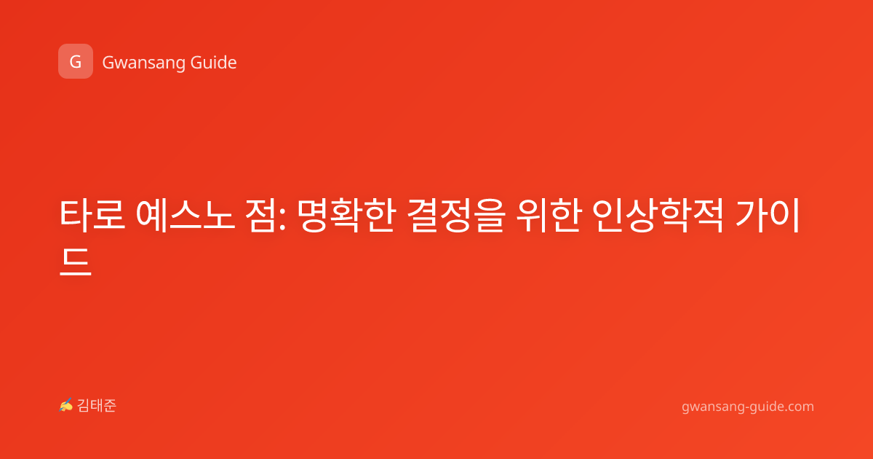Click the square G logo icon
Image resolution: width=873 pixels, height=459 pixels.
[x=76, y=61]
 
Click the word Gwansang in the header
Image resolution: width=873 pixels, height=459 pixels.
[x=143, y=63]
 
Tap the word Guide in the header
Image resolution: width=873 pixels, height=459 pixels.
[x=213, y=63]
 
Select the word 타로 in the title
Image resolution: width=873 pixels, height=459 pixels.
[x=92, y=215]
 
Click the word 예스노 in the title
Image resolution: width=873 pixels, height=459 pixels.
[x=186, y=215]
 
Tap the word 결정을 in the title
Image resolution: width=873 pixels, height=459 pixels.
[x=456, y=215]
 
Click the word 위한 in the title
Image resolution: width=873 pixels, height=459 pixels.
[x=549, y=215]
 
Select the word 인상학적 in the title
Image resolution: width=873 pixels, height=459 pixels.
[x=658, y=215]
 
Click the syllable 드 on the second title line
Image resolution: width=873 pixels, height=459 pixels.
[x=76, y=262]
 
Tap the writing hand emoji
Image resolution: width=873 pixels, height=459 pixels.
[x=66, y=405]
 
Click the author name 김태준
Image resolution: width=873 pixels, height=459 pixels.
[x=97, y=406]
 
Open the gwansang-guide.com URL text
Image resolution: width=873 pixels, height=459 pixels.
[x=748, y=407]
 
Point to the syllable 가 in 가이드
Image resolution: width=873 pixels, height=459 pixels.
[x=750, y=215]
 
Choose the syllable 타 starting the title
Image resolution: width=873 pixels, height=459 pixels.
[x=76, y=215]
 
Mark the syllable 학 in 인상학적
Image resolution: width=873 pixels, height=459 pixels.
[x=674, y=215]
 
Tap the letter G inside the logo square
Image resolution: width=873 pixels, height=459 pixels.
[x=76, y=62]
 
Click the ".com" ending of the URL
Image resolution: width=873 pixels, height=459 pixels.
[x=798, y=407]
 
